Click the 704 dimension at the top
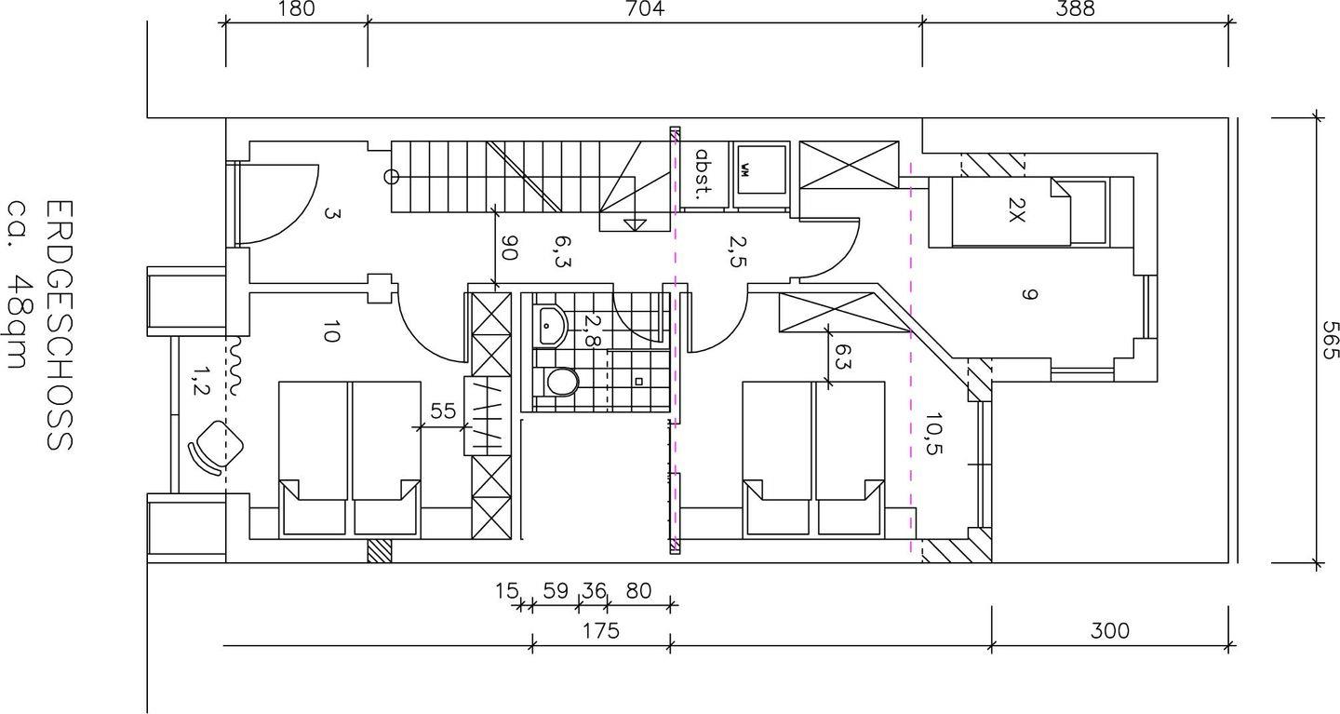click(x=644, y=8)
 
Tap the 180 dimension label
click(x=296, y=8)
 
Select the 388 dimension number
click(x=1075, y=8)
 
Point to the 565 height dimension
click(x=1329, y=340)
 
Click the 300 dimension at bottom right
click(x=1109, y=631)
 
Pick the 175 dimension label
click(x=600, y=631)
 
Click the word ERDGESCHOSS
click(x=60, y=326)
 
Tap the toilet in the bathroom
click(x=558, y=382)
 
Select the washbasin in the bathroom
click(x=552, y=326)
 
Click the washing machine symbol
click(x=760, y=168)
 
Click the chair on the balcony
click(x=215, y=447)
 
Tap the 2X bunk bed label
click(x=1016, y=210)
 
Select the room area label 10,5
click(x=934, y=433)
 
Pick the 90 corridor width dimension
click(x=508, y=248)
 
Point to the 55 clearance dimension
click(x=443, y=411)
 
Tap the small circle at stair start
click(x=391, y=177)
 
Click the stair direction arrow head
click(x=635, y=225)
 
